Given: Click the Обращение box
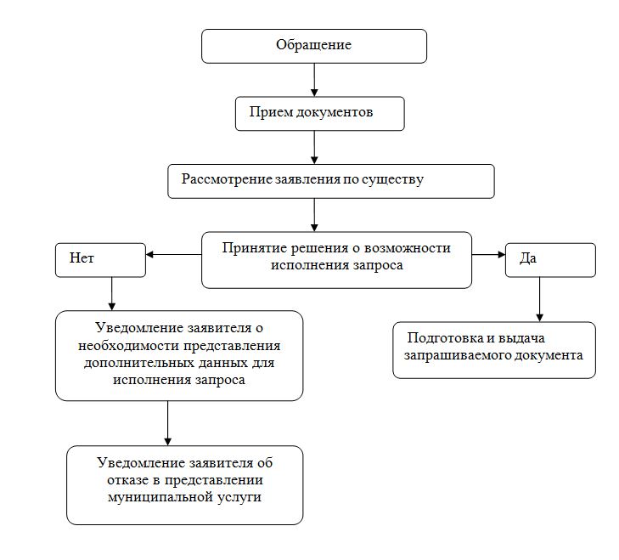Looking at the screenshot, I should point(314,46).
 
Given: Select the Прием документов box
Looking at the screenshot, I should point(319,113).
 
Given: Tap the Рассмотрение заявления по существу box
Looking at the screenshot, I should point(331,180).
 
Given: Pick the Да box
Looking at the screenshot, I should point(553,260).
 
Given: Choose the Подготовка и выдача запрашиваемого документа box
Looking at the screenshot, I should point(494,348).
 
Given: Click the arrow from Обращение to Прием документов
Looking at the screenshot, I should point(314,79).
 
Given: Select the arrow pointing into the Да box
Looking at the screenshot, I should point(487,254).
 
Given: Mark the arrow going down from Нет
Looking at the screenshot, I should point(112,294).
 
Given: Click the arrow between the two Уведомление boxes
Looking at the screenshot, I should point(168,422).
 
